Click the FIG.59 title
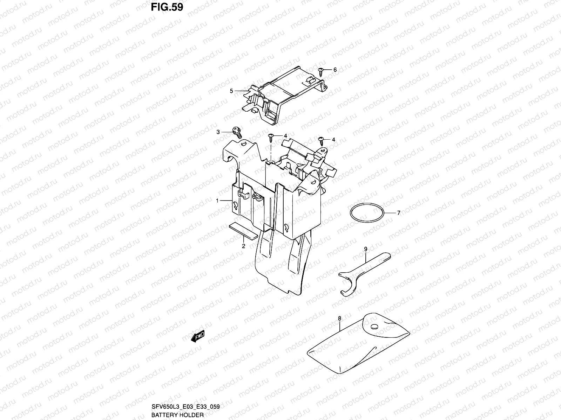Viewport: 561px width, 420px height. point(167,7)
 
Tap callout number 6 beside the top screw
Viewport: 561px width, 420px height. point(335,70)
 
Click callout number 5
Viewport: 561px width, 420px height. point(231,91)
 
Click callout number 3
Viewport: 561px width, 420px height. point(218,132)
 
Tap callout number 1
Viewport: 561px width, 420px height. point(217,201)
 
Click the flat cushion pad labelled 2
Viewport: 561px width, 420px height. point(243,232)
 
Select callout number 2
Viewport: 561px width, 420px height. point(243,246)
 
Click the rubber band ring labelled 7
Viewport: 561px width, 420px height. point(366,212)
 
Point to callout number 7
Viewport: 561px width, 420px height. point(399,212)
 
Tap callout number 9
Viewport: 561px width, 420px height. point(365,249)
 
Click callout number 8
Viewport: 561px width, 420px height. point(339,318)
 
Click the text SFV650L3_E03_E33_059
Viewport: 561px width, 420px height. point(185,407)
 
